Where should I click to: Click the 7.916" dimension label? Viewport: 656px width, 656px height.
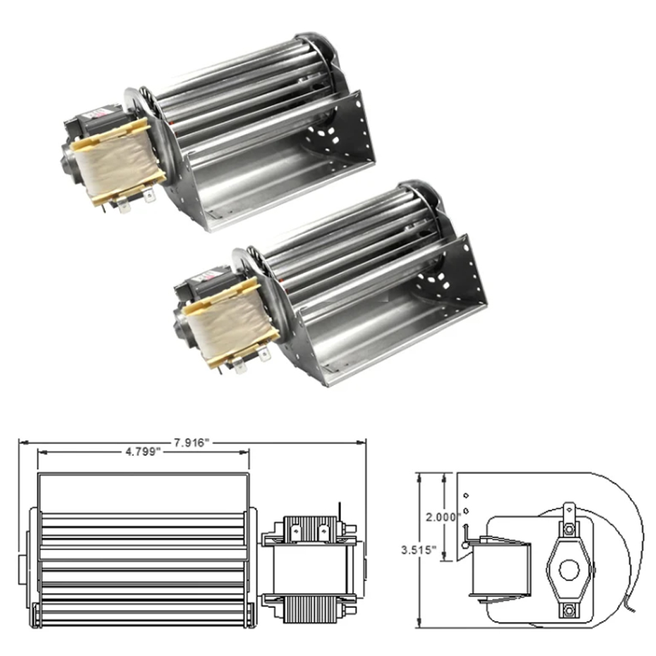click(x=192, y=443)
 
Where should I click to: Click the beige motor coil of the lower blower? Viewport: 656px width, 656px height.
click(x=230, y=322)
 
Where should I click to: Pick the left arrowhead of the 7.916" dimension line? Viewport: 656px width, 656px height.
click(x=22, y=443)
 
